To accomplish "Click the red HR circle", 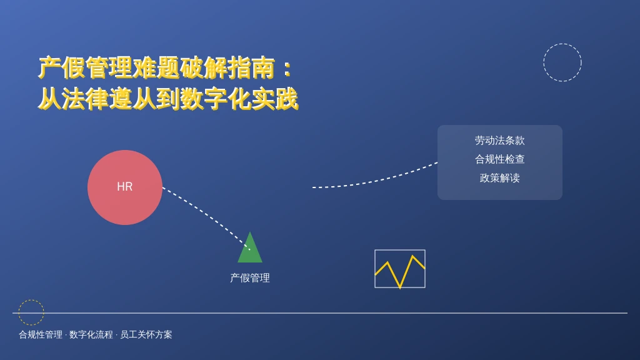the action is (125, 187).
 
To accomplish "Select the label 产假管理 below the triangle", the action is (250, 278).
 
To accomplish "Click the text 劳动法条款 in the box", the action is (499, 141).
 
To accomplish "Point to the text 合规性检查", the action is (499, 159).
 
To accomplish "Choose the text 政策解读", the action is (499, 178).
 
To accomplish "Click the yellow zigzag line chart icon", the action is (400, 269).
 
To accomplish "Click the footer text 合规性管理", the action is (41, 335).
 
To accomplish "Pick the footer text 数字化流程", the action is (91, 335).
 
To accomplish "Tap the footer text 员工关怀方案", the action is (146, 335).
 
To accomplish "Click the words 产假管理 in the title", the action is (86, 67).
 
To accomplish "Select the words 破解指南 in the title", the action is (227, 67).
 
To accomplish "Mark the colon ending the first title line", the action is (287, 68).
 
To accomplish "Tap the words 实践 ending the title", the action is (274, 99).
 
